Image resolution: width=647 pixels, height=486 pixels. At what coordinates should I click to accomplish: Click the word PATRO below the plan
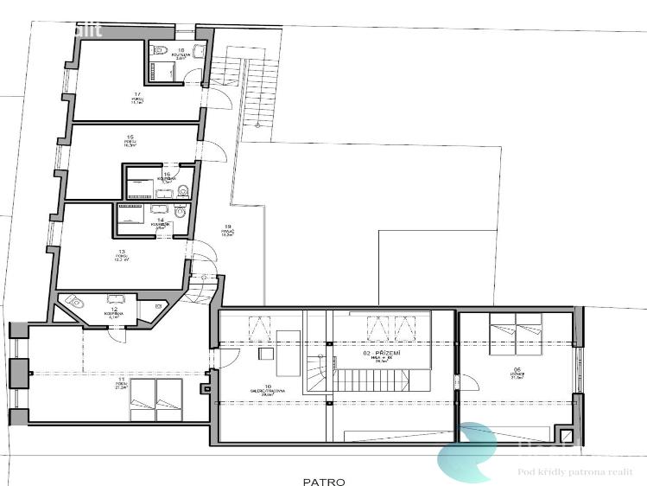323,482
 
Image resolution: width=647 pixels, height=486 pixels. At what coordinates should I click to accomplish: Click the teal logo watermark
471,450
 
